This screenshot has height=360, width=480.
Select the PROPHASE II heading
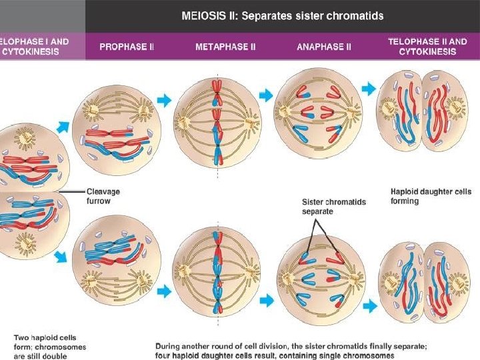click(x=127, y=47)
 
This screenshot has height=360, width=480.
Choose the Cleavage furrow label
click(x=104, y=195)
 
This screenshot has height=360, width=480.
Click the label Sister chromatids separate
click(x=333, y=206)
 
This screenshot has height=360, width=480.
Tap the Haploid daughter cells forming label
click(x=422, y=196)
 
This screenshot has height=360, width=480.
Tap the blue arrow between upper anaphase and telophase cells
click(x=369, y=88)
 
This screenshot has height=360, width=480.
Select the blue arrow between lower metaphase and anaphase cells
click(x=266, y=301)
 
